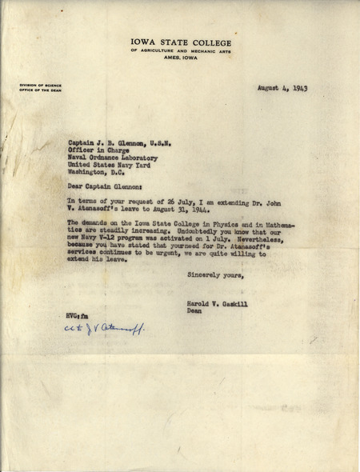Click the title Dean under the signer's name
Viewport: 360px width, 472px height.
click(x=194, y=315)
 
